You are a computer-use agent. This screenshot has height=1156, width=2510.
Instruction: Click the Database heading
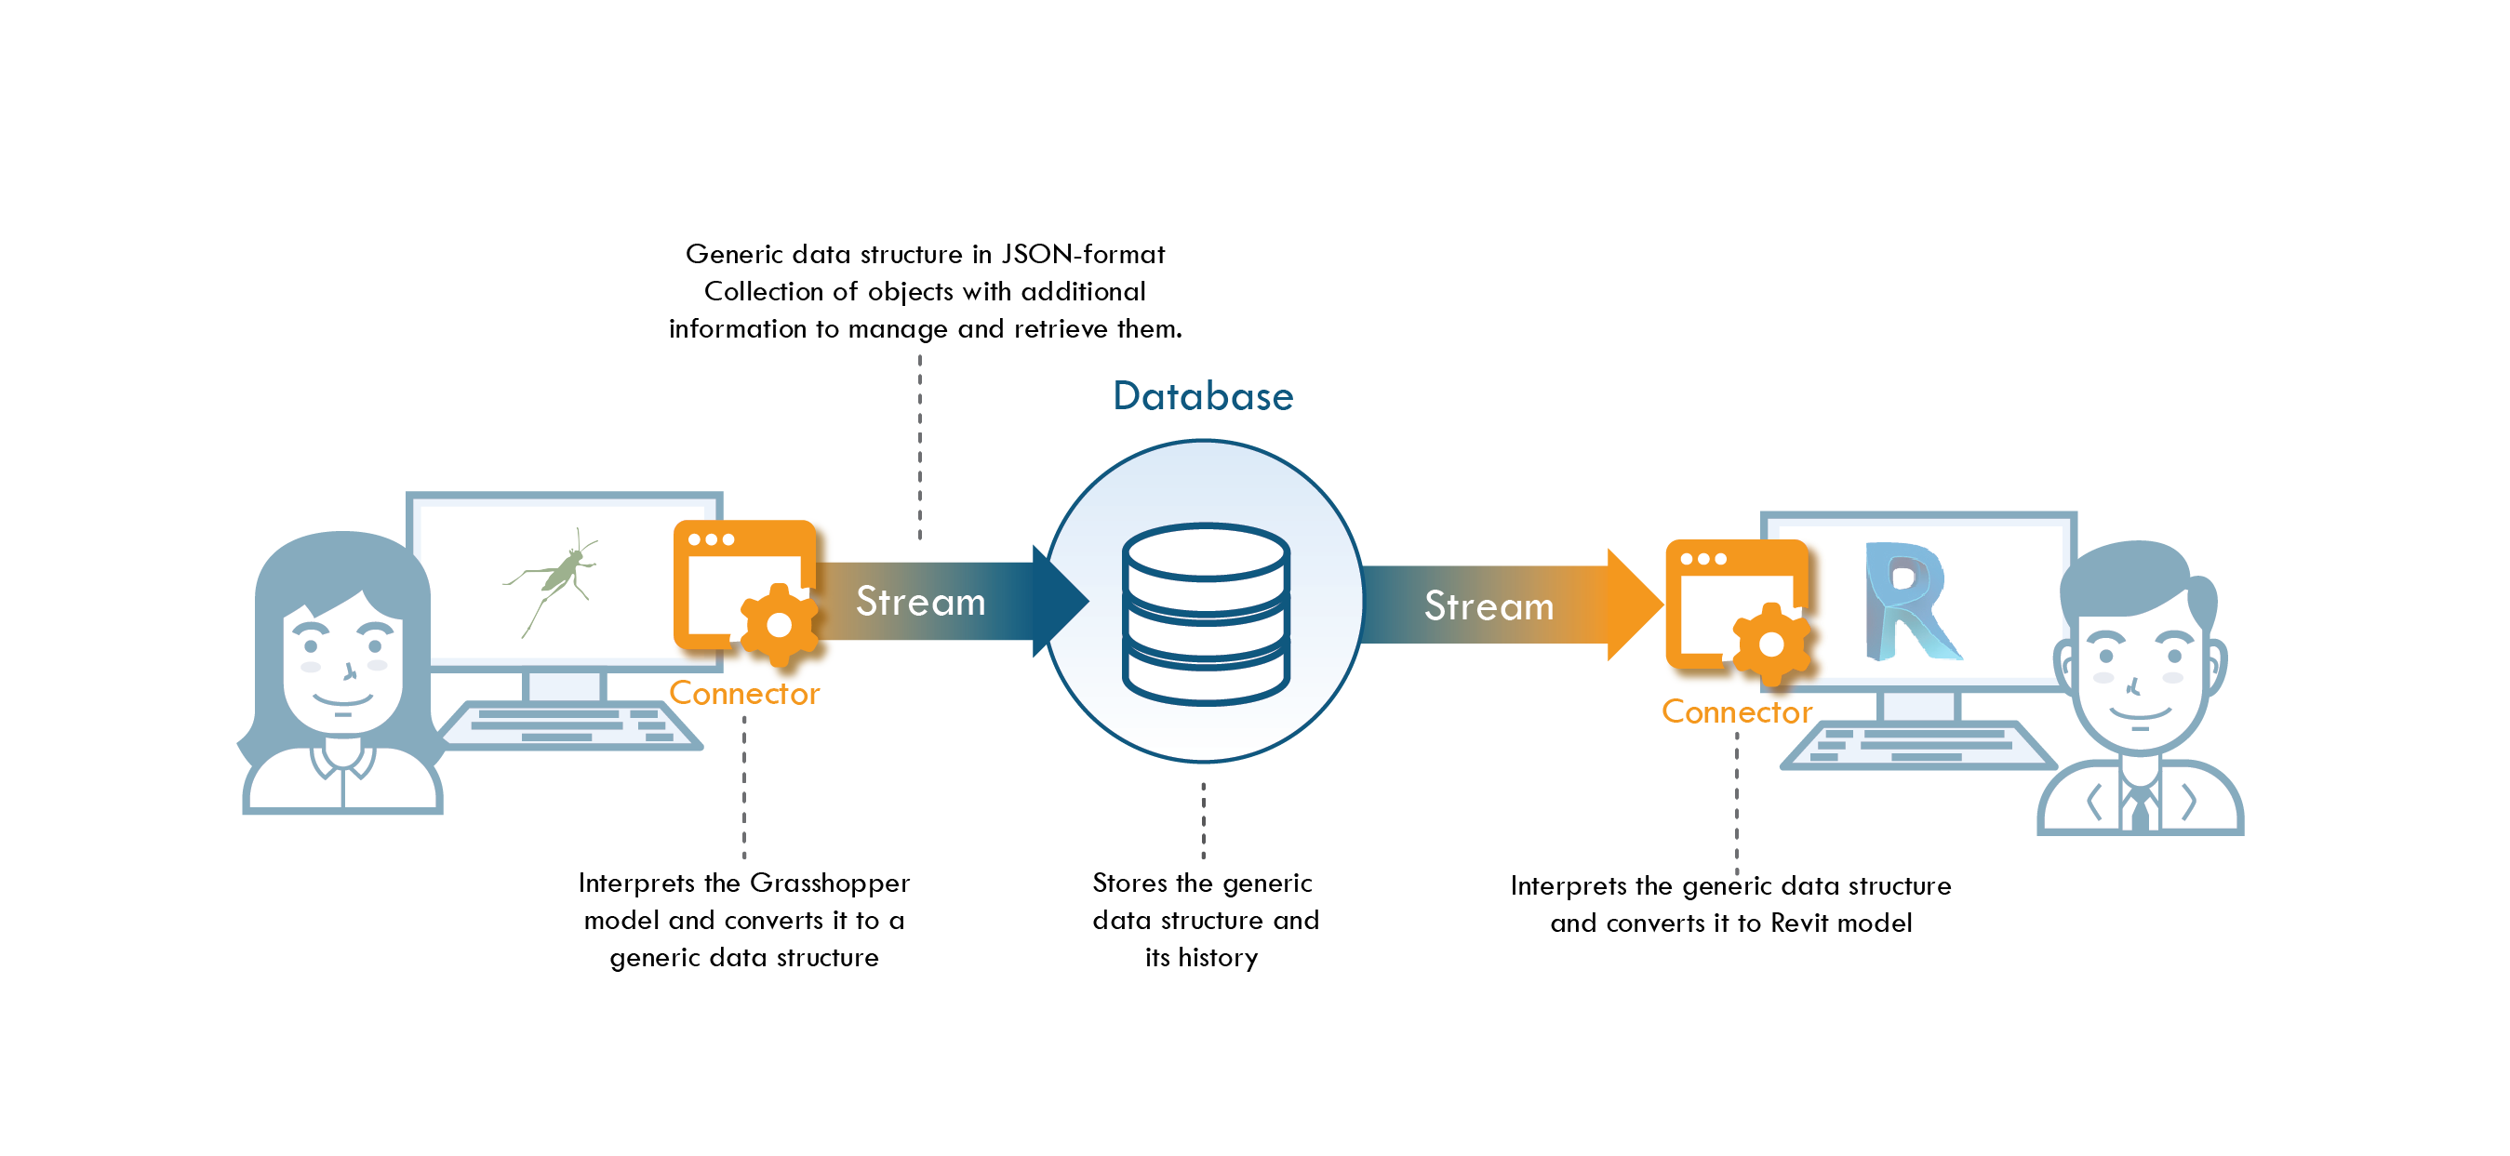pyautogui.click(x=1202, y=396)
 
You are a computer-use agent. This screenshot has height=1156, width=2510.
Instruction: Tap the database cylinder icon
pyautogui.click(x=1206, y=614)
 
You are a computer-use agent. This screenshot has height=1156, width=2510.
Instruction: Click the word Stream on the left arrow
pyautogui.click(x=920, y=602)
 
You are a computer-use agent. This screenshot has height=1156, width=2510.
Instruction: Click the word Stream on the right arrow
pyautogui.click(x=1488, y=606)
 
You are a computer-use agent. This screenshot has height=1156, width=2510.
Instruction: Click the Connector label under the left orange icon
pyautogui.click(x=743, y=694)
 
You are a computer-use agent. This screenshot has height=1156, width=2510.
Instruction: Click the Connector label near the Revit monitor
pyautogui.click(x=1735, y=711)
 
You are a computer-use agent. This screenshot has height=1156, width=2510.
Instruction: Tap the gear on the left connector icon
pyautogui.click(x=779, y=626)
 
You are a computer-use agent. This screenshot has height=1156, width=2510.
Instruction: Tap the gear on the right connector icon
pyautogui.click(x=1770, y=644)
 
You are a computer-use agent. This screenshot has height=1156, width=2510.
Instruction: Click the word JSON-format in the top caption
pyautogui.click(x=1083, y=255)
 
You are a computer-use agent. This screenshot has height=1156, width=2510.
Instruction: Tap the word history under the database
pyautogui.click(x=1217, y=958)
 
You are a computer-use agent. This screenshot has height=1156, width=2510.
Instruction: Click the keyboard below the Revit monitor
pyautogui.click(x=1915, y=746)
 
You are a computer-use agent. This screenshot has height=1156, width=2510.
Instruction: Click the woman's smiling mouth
pyautogui.click(x=342, y=700)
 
